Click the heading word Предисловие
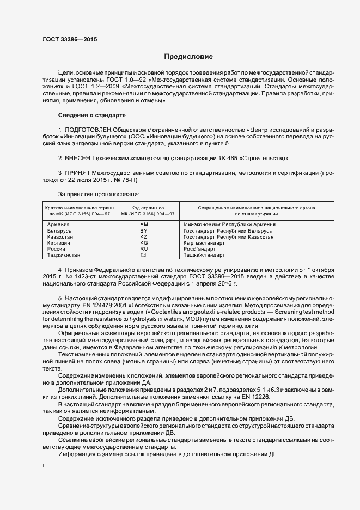pyautogui.click(x=188, y=57)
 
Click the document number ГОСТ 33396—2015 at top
pyautogui.click(x=66, y=40)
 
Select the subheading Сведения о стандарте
pyautogui.click(x=91, y=116)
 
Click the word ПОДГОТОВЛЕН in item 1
pyautogui.click(x=93, y=130)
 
